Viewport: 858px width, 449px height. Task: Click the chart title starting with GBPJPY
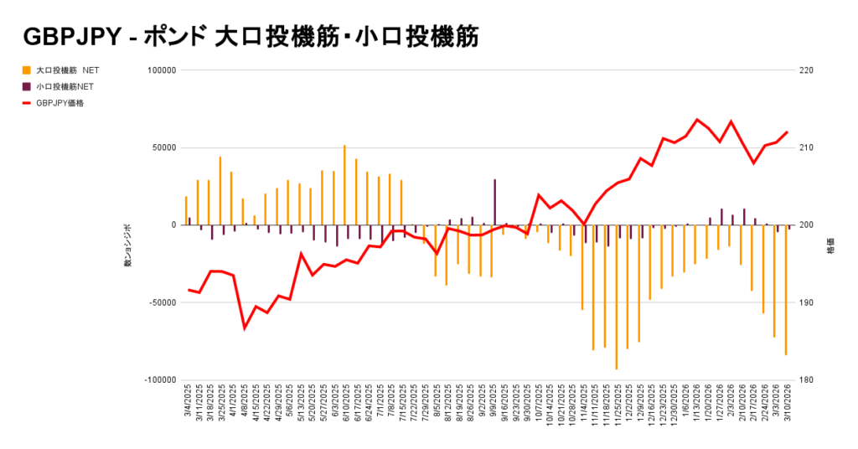[251, 38]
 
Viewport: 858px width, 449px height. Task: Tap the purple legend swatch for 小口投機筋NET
[27, 86]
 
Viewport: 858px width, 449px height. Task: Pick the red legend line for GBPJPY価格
[27, 103]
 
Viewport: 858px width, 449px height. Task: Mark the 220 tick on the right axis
[807, 70]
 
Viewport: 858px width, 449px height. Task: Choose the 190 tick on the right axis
[807, 302]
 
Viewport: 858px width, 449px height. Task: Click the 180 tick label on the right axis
[807, 379]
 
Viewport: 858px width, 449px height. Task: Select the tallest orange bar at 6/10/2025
[344, 185]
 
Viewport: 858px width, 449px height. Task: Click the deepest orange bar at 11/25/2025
[616, 297]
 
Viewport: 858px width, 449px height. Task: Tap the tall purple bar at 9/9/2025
[494, 202]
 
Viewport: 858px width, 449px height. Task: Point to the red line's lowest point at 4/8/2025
[245, 328]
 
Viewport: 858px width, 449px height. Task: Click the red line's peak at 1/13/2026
[697, 120]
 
